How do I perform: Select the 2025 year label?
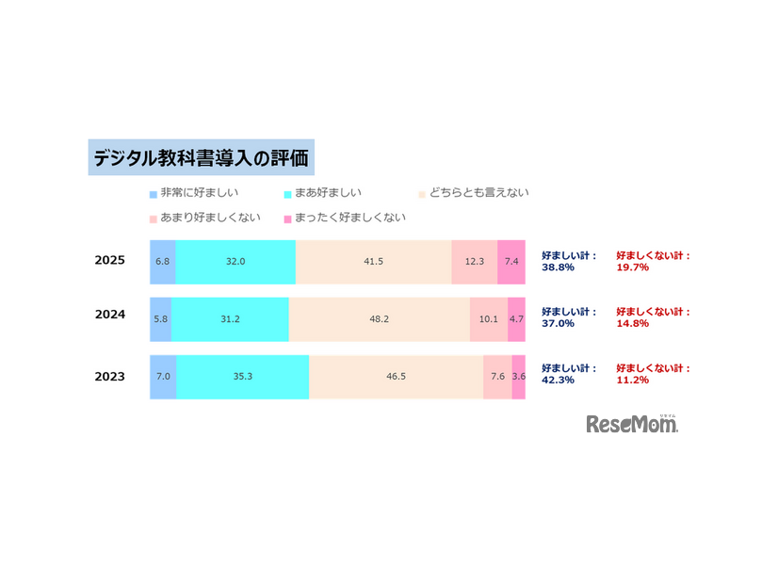click(110, 261)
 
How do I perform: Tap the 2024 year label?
click(110, 316)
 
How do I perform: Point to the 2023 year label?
click(110, 377)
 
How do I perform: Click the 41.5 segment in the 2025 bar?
click(373, 262)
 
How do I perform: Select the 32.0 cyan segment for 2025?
click(235, 262)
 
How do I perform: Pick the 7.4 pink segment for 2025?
click(511, 262)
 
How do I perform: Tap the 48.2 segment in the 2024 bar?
click(379, 319)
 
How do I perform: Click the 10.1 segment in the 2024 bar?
click(489, 319)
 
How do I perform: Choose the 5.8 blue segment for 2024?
click(160, 319)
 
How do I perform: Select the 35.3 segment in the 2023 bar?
click(242, 377)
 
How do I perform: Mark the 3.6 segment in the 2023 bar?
click(519, 377)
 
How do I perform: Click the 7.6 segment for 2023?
click(497, 377)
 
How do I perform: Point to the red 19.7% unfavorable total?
click(632, 268)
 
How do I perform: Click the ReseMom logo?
click(632, 424)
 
